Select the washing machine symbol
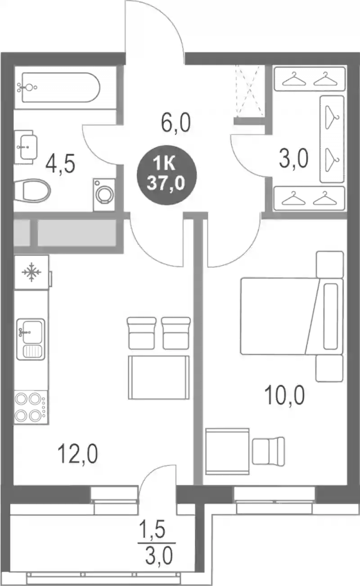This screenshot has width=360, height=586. (x=104, y=194)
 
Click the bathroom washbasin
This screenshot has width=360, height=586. (x=26, y=147)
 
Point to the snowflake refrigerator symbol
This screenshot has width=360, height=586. (x=31, y=272)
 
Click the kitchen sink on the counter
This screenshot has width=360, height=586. (x=31, y=339)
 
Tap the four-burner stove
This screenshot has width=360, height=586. (x=31, y=408)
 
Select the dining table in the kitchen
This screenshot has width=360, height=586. (x=158, y=378)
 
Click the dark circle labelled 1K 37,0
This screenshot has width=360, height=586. (x=166, y=175)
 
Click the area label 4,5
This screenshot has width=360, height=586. (x=60, y=164)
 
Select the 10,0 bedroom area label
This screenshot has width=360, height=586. (x=285, y=395)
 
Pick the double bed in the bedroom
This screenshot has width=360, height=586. (x=292, y=316)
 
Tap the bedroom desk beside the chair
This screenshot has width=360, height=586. (x=227, y=451)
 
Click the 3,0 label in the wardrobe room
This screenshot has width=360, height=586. (x=293, y=158)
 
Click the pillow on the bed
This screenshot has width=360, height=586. (x=331, y=316)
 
